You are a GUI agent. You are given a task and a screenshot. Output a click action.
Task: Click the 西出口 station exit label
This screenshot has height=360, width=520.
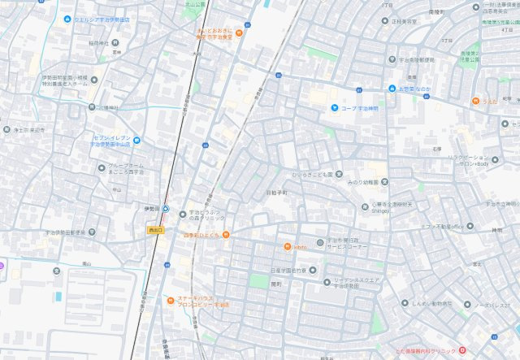(x=156, y=231)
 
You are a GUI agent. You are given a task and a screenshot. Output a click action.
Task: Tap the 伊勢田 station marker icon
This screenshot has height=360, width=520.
(x=165, y=209)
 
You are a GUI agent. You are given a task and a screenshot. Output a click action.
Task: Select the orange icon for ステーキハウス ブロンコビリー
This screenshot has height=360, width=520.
(x=170, y=299)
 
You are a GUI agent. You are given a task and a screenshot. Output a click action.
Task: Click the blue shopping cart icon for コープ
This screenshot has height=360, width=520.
(x=333, y=107)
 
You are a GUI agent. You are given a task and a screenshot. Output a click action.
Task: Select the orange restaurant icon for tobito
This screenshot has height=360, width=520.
(x=287, y=246)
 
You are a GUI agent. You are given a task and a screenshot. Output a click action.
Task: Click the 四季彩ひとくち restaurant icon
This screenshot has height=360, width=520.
(x=225, y=236)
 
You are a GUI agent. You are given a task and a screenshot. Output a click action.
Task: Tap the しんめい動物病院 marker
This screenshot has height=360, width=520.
(x=405, y=304)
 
